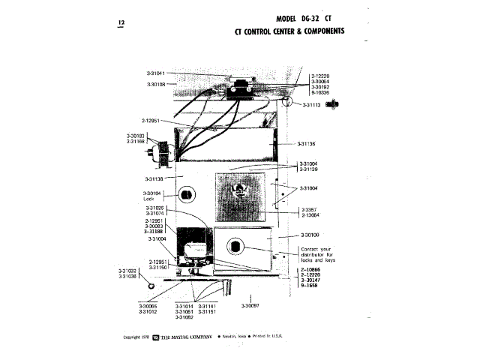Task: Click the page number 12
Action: click(x=121, y=23)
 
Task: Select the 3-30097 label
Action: click(x=250, y=306)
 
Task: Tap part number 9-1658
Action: click(x=307, y=286)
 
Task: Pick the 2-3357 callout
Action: click(x=309, y=209)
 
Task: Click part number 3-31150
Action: click(x=157, y=267)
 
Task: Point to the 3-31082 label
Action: click(x=184, y=317)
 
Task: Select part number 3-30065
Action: click(x=148, y=306)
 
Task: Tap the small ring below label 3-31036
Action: click(x=150, y=286)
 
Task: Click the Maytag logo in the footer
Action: click(x=155, y=337)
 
